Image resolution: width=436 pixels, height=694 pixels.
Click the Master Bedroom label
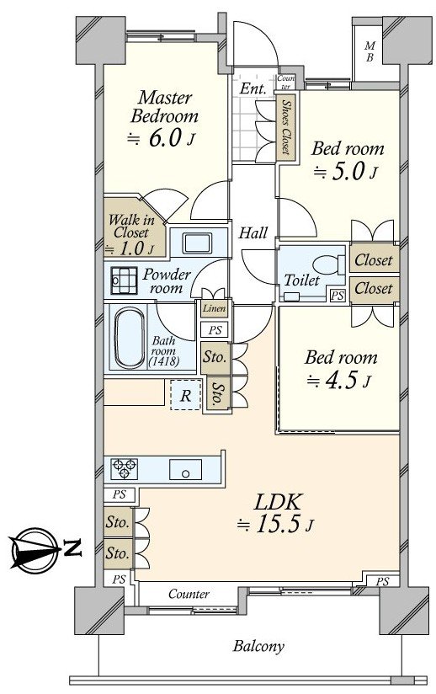click(x=164, y=107)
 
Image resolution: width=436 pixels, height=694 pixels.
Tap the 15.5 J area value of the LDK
click(x=275, y=525)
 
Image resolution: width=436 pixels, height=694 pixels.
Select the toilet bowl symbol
click(x=328, y=264)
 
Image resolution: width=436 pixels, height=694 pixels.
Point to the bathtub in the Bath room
click(x=130, y=338)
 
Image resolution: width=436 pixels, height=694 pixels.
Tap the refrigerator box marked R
click(x=186, y=395)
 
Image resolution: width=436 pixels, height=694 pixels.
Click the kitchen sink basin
click(x=186, y=470)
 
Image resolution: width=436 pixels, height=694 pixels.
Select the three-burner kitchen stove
click(x=125, y=469)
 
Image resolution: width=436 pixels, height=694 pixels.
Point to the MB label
click(x=370, y=51)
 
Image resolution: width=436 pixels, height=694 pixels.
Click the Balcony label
click(x=258, y=646)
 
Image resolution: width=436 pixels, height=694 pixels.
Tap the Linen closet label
click(x=215, y=308)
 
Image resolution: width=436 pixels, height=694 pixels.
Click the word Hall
click(x=253, y=232)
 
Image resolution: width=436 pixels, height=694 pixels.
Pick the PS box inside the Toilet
click(x=338, y=296)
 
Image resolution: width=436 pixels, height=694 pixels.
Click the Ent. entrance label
click(x=253, y=88)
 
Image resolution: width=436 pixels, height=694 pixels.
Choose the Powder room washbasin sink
click(x=198, y=243)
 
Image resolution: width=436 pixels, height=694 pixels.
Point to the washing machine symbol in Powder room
click(x=124, y=280)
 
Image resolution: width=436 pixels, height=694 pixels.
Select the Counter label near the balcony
click(x=189, y=594)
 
